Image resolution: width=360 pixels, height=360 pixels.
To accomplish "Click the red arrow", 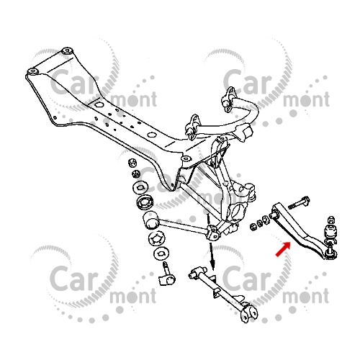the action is (283, 250).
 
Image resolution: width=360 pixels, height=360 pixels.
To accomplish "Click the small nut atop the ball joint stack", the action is (331, 220).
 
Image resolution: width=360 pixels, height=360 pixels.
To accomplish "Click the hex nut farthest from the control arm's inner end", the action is (253, 227).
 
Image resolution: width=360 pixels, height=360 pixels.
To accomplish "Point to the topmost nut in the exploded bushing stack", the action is (132, 163).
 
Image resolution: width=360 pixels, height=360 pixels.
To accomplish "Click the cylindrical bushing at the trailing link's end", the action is (151, 220).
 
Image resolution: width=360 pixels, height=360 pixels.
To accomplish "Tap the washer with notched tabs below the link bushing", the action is (157, 238).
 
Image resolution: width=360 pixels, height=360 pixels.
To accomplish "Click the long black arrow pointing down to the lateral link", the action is (212, 256).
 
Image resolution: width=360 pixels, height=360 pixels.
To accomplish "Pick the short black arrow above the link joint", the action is (208, 220).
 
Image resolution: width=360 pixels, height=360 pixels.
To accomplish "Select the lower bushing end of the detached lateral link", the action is (250, 313).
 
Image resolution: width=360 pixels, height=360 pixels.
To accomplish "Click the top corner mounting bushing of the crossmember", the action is (66, 51).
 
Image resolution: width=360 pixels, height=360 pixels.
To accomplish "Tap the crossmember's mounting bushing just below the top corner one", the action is (32, 71).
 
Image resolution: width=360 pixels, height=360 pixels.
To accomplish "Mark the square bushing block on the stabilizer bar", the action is (246, 132).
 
